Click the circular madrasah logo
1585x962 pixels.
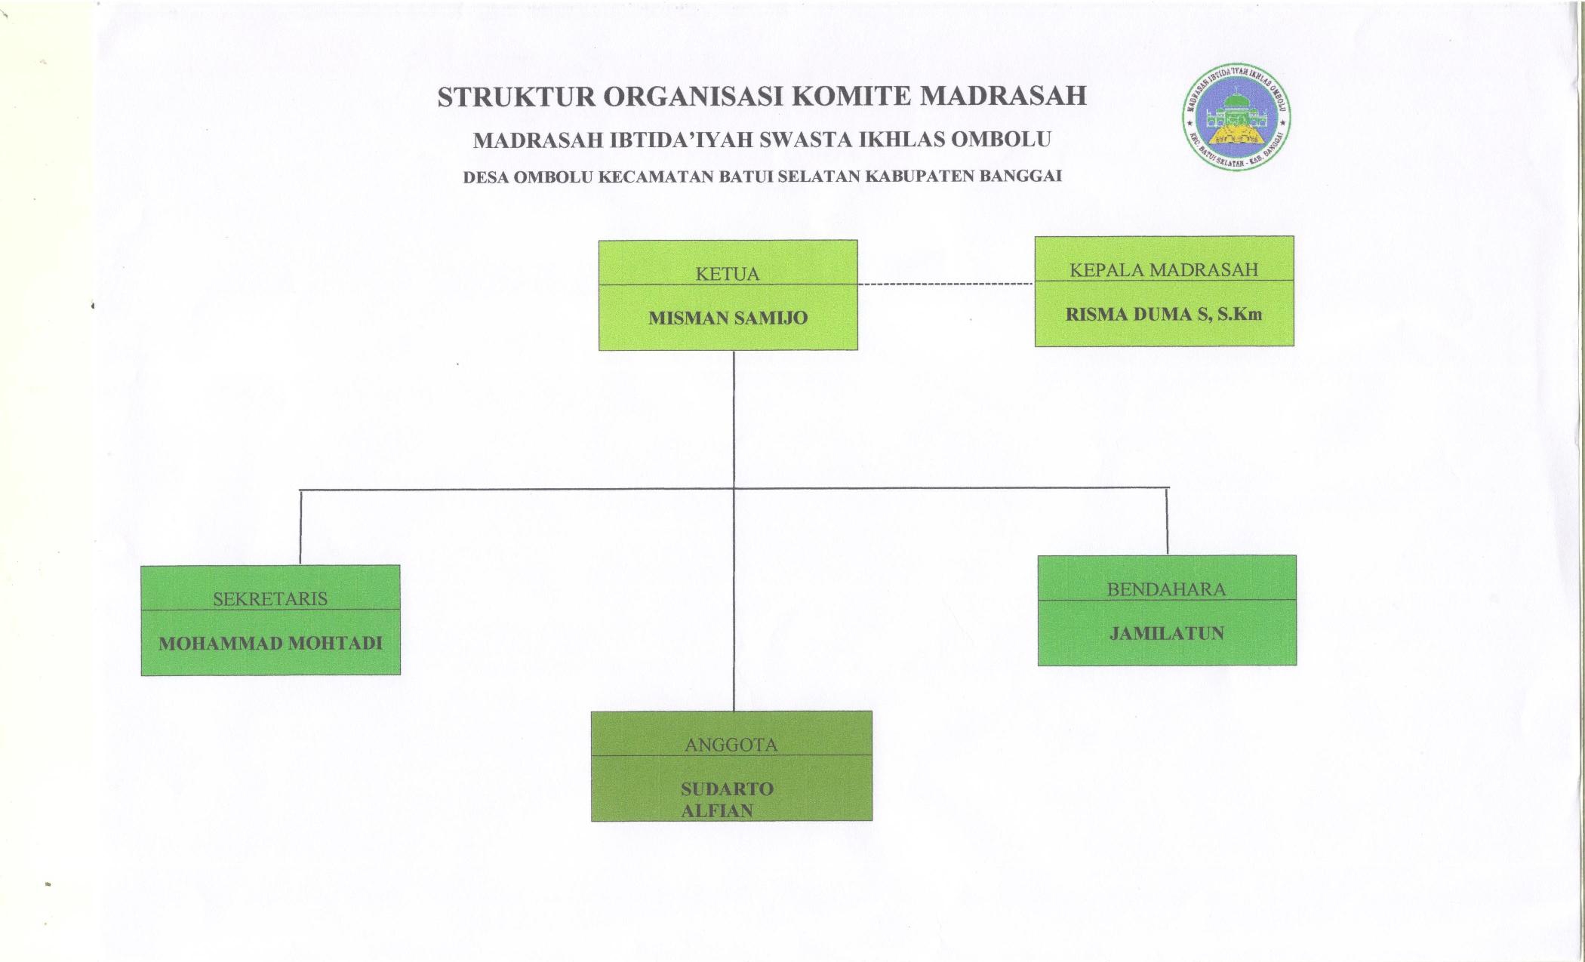(x=1236, y=118)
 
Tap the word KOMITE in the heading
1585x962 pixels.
(x=852, y=97)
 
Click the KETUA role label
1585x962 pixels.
(x=728, y=274)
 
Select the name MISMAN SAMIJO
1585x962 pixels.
(x=728, y=318)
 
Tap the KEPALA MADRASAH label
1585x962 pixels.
(x=1164, y=270)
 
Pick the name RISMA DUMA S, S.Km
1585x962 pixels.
(x=1164, y=315)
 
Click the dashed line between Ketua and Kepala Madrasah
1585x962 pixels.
(x=946, y=284)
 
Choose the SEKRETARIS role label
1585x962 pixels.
(x=270, y=599)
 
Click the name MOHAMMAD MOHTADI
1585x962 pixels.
(x=270, y=644)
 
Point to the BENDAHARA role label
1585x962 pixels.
(x=1166, y=590)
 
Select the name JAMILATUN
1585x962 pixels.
(x=1166, y=634)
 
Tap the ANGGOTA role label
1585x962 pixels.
(x=731, y=745)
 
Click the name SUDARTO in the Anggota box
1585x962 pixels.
(x=727, y=789)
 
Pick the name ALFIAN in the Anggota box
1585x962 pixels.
(x=717, y=811)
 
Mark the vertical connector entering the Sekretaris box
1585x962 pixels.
(x=300, y=527)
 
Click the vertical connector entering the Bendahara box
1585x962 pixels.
(x=1167, y=522)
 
